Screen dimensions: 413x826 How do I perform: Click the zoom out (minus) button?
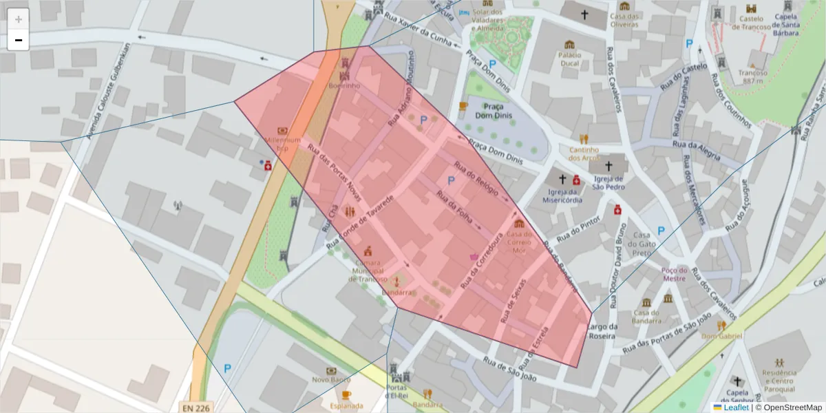pos(19,41)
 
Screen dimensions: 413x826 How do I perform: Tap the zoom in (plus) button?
pos(19,19)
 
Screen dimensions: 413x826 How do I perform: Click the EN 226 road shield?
pos(195,407)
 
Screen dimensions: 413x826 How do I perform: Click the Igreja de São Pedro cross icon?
pos(608,166)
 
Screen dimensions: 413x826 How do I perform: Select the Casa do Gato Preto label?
pos(642,244)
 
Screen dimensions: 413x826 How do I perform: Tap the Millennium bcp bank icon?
pos(282,131)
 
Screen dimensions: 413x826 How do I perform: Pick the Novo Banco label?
pos(328,380)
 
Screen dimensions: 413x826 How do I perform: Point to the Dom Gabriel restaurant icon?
pos(721,325)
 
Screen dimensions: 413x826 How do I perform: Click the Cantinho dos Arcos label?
pos(580,153)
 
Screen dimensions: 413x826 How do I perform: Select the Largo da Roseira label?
pos(604,332)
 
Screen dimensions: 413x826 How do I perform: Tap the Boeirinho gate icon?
pos(345,72)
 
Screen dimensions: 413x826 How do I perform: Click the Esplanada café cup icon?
pos(346,394)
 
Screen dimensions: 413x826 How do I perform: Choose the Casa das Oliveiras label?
pos(625,21)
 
